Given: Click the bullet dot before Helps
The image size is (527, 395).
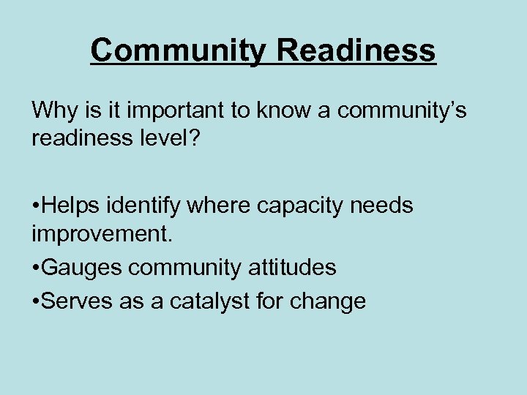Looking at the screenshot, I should [x=36, y=206].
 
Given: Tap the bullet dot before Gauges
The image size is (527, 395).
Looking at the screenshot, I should [x=36, y=268].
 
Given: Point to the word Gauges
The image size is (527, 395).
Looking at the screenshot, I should [x=82, y=268].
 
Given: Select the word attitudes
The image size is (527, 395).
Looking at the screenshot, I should [x=288, y=268].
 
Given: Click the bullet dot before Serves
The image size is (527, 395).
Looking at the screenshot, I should [x=36, y=299].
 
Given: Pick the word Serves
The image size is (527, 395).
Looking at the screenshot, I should [x=77, y=299].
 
